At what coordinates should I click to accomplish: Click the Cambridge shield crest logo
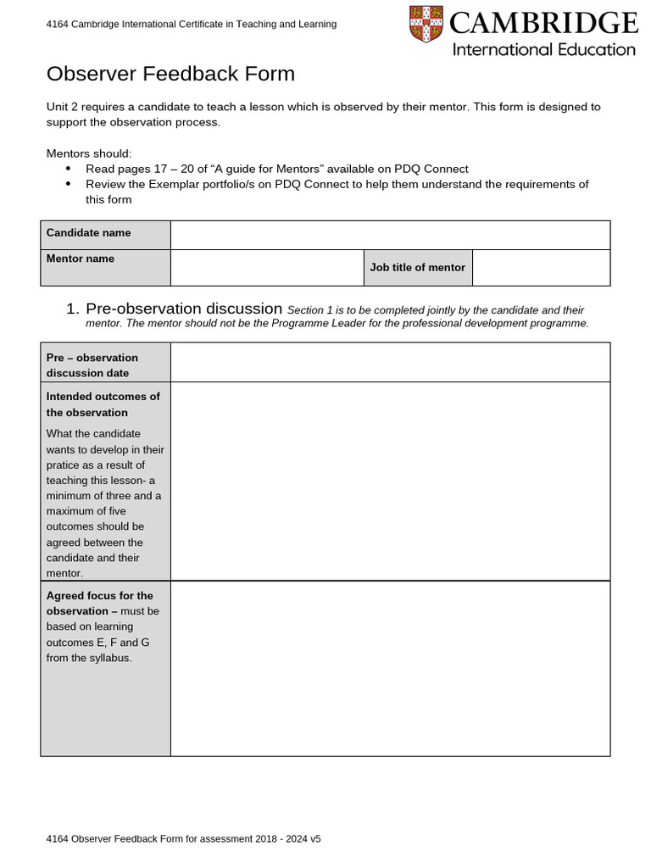point(426,24)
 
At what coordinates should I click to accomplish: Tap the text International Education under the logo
point(543,49)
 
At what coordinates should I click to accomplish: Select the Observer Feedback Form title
point(170,74)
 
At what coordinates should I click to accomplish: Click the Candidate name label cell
point(105,234)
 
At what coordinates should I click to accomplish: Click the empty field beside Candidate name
point(390,235)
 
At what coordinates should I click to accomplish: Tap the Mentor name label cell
point(105,267)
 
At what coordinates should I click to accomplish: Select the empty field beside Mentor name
point(267,267)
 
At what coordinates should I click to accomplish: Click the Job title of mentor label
point(418,267)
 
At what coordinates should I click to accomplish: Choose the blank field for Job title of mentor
point(541,267)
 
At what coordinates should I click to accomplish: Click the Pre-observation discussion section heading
point(184,309)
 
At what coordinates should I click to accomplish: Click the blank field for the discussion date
point(390,362)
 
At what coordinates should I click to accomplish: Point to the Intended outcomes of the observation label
point(103,404)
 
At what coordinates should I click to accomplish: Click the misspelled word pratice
point(64,465)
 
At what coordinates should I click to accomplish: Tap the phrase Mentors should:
point(89,153)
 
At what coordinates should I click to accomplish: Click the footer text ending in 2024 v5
point(184,838)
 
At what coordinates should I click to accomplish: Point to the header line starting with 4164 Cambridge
point(191,25)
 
